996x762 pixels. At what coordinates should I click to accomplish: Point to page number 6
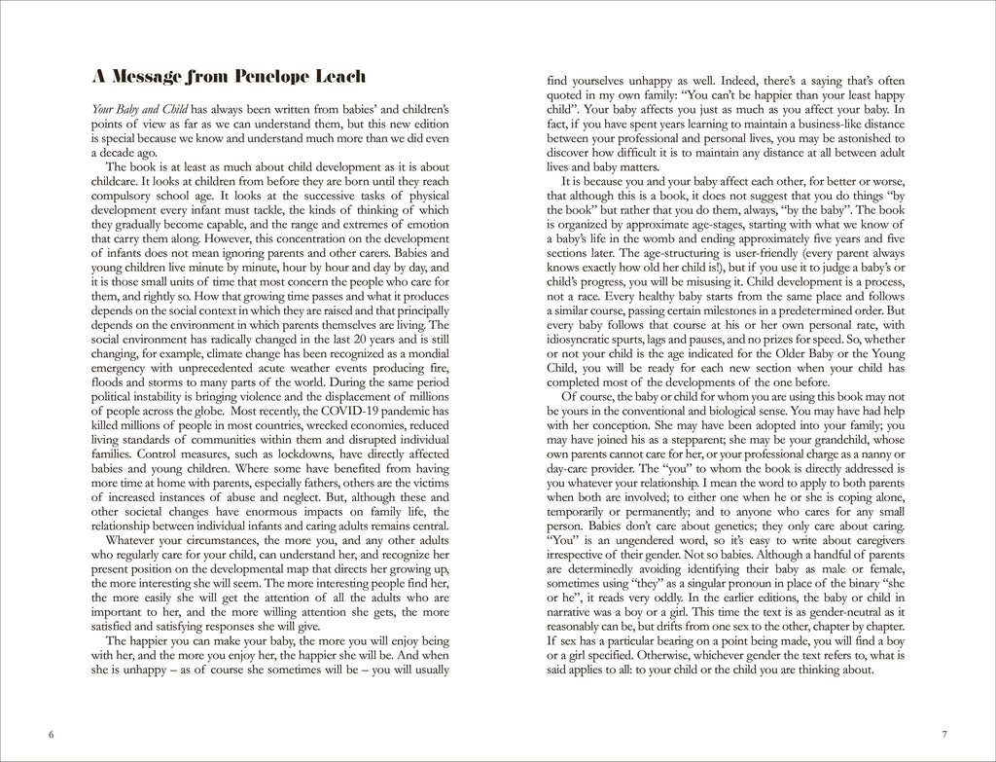pyautogui.click(x=51, y=733)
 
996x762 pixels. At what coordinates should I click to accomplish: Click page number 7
pyautogui.click(x=943, y=733)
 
